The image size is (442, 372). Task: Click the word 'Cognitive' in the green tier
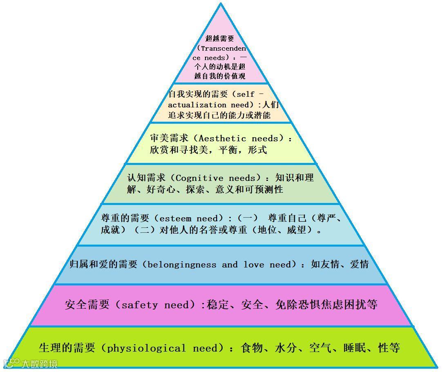click(199, 178)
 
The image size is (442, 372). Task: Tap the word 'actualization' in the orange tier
click(196, 105)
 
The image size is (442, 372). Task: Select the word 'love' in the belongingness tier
click(254, 265)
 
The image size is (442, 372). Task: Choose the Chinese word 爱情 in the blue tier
click(359, 265)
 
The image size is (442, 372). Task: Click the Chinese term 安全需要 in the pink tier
click(87, 305)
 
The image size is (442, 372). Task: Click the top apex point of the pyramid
click(221, 4)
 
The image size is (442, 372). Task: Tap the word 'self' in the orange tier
click(246, 94)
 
